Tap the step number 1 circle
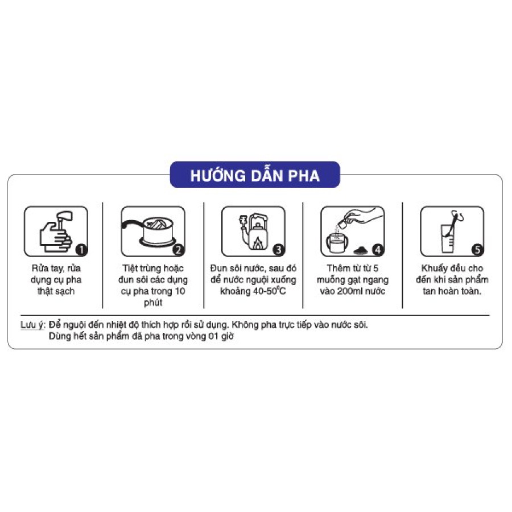(81, 249)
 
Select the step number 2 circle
(178, 249)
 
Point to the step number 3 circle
(278, 249)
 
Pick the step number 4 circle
(377, 249)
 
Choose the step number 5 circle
(477, 249)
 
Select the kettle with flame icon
(254, 230)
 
